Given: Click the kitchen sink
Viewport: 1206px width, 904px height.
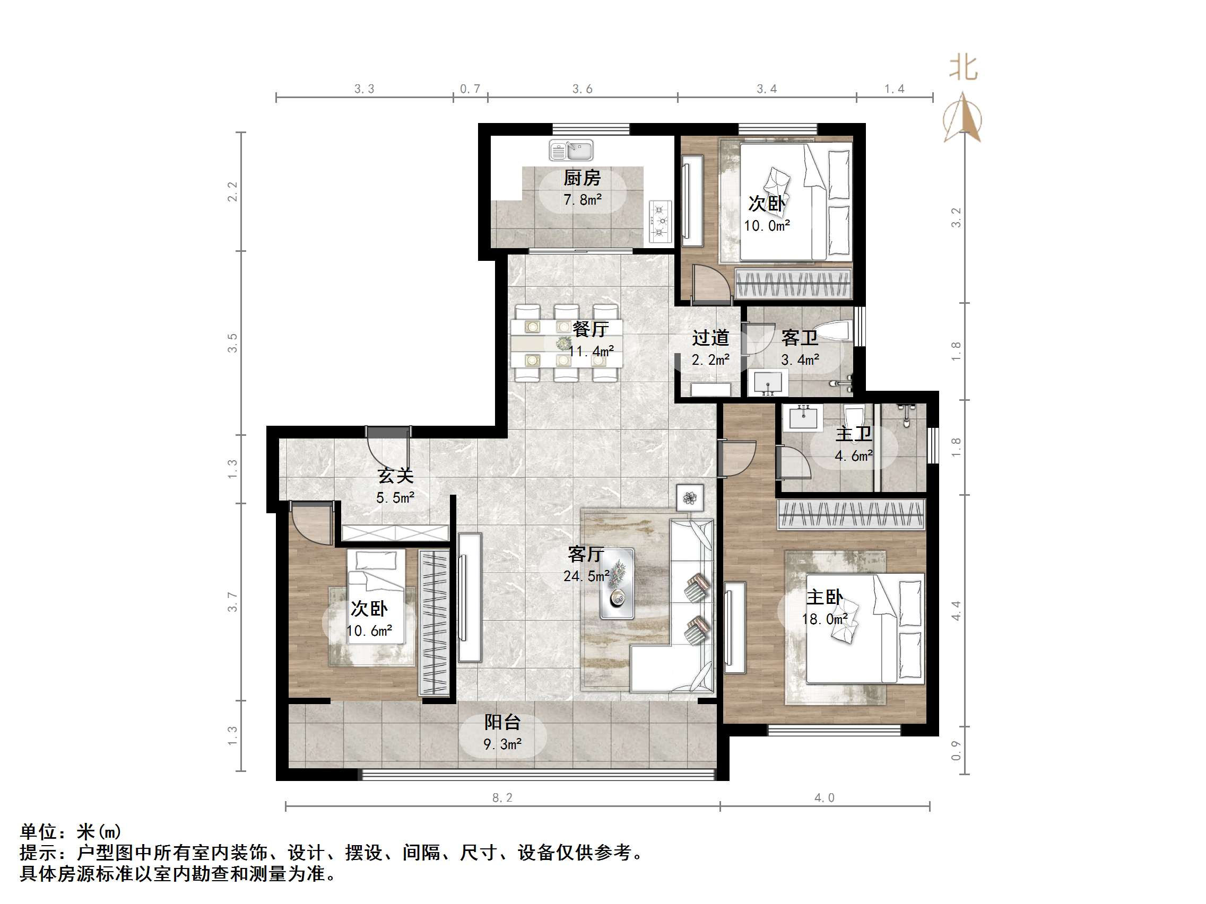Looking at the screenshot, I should [571, 150].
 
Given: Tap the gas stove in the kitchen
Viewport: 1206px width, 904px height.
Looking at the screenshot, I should [660, 221].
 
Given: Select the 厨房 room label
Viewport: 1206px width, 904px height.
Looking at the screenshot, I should [582, 178].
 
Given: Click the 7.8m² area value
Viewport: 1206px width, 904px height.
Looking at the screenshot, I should [582, 199].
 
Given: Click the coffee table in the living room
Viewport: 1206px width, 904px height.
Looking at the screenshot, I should [617, 584].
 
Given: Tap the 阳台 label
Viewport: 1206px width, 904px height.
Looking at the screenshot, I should [502, 722].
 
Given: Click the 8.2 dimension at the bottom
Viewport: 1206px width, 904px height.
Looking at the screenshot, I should [502, 798].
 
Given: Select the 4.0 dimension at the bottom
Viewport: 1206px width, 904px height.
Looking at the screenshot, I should [824, 798].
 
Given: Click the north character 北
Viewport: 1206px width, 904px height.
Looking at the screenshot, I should [963, 68].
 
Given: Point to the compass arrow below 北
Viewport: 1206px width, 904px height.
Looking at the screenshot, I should [963, 117].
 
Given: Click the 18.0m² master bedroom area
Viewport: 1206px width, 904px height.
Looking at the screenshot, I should [825, 619].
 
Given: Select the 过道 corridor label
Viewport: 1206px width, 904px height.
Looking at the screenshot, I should [710, 338].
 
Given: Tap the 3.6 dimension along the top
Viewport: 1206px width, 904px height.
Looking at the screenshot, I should [582, 89].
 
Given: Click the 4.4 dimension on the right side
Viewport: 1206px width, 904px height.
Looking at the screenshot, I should [956, 610].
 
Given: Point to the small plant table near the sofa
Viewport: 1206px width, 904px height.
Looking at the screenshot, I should [690, 497].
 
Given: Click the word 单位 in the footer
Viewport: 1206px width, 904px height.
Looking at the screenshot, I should [38, 831].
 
